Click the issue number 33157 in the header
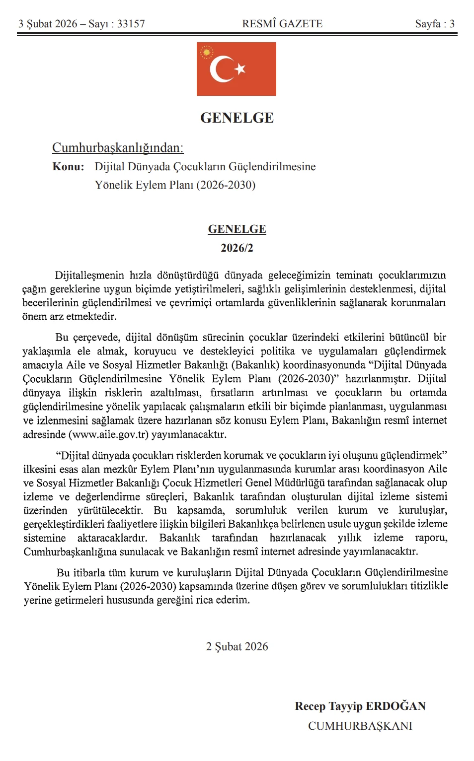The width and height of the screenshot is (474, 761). (x=131, y=24)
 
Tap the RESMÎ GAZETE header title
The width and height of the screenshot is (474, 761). (x=282, y=24)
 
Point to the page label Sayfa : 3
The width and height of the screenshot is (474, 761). (x=435, y=24)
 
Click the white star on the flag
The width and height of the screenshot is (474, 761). (x=240, y=69)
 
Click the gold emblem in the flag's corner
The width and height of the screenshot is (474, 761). (x=206, y=52)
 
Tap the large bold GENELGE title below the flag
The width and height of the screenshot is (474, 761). (x=237, y=118)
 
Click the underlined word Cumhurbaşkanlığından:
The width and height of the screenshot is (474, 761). (x=118, y=148)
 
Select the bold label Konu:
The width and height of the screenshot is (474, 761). (x=68, y=167)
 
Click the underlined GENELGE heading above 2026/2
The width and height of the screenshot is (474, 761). (x=237, y=229)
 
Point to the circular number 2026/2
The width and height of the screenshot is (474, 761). (x=237, y=248)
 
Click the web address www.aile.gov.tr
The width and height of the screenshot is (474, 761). (x=108, y=435)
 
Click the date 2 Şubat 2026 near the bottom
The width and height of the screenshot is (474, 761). (x=237, y=647)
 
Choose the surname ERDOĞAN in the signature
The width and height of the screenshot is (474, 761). (x=395, y=706)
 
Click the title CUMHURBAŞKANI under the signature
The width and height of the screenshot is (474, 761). (x=360, y=726)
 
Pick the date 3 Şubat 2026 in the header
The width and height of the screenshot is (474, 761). (x=48, y=24)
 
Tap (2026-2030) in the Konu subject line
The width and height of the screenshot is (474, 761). (x=226, y=185)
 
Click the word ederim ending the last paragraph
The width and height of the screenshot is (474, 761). (x=231, y=600)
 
